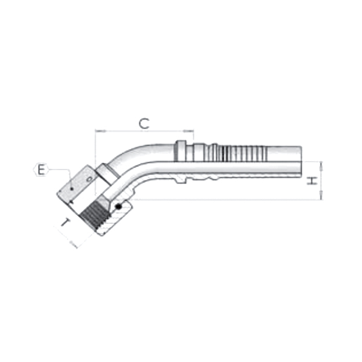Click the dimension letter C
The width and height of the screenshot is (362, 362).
coord(144,124)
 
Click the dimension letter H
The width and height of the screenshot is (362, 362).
coord(312,180)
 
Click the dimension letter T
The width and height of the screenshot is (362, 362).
coord(66,224)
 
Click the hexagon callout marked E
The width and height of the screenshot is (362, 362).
coord(40,170)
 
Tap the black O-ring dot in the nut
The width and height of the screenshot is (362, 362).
coord(119,208)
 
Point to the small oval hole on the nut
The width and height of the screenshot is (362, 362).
coord(89,179)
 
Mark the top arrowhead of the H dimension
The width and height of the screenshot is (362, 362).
coord(322,164)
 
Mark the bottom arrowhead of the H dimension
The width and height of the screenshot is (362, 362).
coord(322,197)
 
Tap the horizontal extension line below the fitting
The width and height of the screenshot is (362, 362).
coord(229,200)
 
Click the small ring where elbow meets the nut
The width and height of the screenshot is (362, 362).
coord(109,174)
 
